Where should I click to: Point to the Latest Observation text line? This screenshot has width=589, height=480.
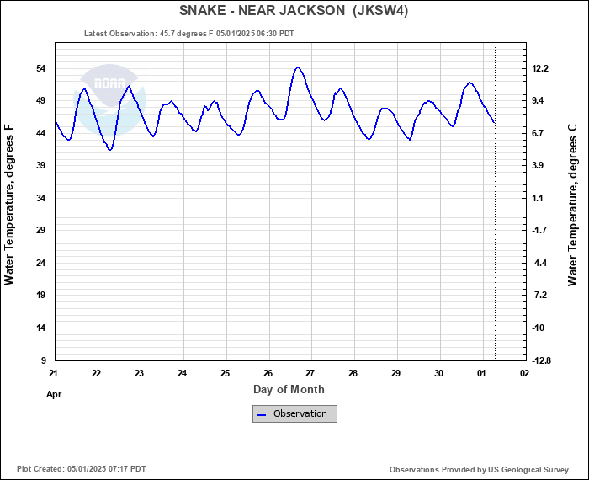[x=189, y=34]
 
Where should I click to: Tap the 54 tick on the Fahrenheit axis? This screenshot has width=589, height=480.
[x=40, y=68]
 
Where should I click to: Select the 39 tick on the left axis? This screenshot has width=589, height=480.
[x=40, y=166]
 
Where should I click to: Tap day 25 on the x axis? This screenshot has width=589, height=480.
[x=225, y=373]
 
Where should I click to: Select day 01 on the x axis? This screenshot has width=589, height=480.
[x=481, y=373]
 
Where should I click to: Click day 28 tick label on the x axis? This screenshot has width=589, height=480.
[x=353, y=373]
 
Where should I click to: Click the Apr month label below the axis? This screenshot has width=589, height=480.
[x=54, y=393]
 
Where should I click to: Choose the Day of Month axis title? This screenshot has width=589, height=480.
[x=289, y=389]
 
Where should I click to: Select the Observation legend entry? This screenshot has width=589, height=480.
[x=294, y=413]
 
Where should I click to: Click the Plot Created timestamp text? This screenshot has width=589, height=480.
[x=82, y=469]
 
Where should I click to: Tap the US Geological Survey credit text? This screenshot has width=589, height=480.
[x=480, y=469]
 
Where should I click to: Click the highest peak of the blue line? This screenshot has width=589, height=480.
[x=298, y=67]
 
